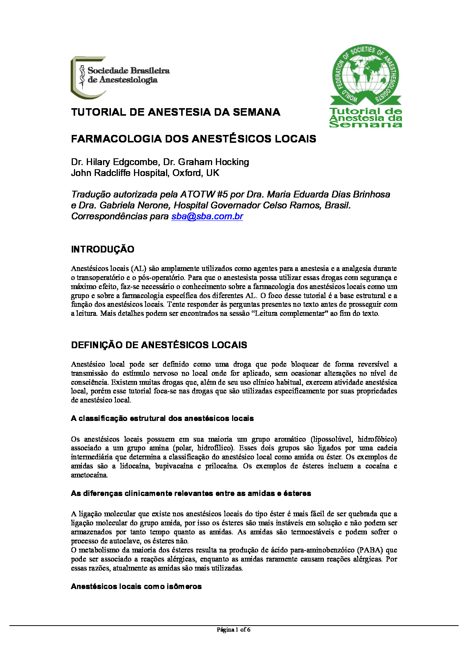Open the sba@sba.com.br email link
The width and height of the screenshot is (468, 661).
pos(207,216)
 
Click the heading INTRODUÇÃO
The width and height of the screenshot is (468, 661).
pos(103,249)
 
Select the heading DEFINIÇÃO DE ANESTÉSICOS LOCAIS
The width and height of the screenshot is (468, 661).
pos(159,345)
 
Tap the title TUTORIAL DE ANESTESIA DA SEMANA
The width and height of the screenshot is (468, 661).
pos(175,112)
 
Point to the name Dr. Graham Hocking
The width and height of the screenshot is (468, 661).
pos(213,162)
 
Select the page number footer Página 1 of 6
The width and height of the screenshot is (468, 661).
pos(234,629)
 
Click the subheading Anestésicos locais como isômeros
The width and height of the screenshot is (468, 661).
pos(136,586)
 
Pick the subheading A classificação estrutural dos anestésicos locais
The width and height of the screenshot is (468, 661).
pos(162,418)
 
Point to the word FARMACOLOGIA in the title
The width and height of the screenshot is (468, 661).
pos(116,139)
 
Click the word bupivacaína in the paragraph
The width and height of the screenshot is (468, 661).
pos(174,466)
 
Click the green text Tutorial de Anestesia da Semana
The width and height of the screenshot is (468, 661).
pos(365,118)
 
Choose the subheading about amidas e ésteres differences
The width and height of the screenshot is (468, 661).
pos(191,493)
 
